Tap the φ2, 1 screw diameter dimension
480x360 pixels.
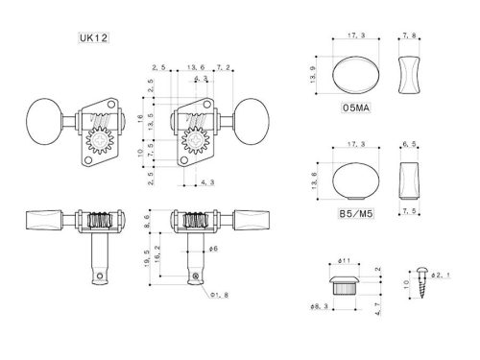(x=439, y=275)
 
